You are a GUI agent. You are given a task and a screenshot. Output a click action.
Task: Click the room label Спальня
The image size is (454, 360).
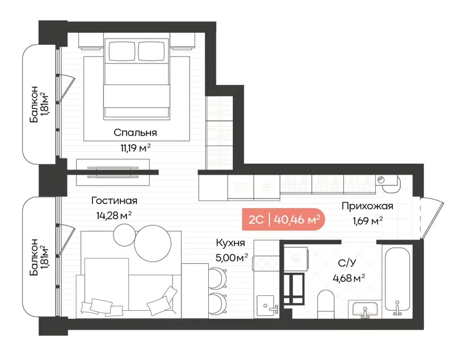click(x=135, y=133)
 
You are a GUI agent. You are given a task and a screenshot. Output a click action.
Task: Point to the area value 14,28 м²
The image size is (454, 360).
click(x=114, y=215)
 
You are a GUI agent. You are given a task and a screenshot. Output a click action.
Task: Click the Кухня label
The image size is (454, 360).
click(x=230, y=243)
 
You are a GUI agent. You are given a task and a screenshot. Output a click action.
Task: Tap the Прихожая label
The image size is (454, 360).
click(x=367, y=206)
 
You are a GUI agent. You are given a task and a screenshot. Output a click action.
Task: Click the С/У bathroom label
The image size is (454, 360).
click(x=347, y=263)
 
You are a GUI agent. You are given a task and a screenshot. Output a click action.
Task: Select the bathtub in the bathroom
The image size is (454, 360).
click(x=400, y=280)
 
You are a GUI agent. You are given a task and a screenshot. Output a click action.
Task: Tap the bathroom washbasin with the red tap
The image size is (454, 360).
click(x=363, y=310)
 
